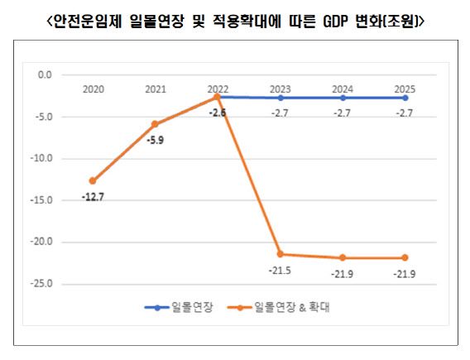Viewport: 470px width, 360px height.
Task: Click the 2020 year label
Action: click(x=94, y=87)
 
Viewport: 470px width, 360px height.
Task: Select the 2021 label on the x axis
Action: click(x=155, y=87)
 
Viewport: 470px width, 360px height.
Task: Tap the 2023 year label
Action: click(x=281, y=87)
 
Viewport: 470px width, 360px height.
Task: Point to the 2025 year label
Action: click(x=405, y=87)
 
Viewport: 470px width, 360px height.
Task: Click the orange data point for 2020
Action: click(x=93, y=180)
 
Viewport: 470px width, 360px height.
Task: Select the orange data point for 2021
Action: click(x=155, y=124)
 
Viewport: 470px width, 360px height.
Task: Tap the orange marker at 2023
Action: click(x=281, y=254)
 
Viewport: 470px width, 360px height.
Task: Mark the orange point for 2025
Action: click(x=405, y=257)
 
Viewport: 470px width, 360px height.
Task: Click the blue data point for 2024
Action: click(x=343, y=98)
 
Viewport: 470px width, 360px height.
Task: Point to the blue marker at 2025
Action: click(x=405, y=98)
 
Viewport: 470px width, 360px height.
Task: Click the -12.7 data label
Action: click(x=93, y=197)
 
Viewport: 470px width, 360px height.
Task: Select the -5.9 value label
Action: click(x=155, y=140)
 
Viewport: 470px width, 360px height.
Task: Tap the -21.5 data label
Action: click(x=281, y=271)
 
